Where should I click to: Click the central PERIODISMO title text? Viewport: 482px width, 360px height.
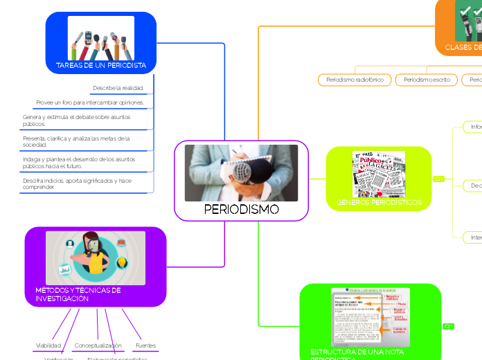click(x=242, y=210)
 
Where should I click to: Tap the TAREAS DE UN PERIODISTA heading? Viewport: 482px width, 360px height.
click(x=101, y=66)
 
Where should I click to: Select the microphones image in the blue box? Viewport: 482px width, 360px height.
click(x=101, y=38)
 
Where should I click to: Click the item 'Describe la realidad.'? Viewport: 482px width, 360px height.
click(x=118, y=89)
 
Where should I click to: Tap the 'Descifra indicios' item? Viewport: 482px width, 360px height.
click(x=77, y=183)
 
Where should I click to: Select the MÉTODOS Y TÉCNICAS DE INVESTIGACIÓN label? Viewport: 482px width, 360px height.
click(x=78, y=294)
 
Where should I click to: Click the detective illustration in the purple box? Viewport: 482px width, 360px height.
click(x=96, y=258)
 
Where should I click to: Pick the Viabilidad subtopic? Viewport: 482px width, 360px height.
click(x=48, y=345)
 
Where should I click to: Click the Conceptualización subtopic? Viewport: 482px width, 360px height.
click(x=98, y=345)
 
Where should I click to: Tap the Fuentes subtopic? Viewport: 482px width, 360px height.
click(x=146, y=345)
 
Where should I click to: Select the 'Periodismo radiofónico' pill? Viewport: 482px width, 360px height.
click(x=354, y=80)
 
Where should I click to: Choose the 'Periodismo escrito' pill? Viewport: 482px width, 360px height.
click(x=427, y=80)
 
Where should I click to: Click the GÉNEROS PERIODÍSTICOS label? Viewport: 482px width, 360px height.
click(x=379, y=203)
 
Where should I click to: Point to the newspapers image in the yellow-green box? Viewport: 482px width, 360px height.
click(x=379, y=173)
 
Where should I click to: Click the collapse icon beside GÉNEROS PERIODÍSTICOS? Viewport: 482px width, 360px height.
click(x=439, y=179)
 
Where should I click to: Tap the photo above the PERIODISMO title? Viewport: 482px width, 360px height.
click(x=242, y=173)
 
